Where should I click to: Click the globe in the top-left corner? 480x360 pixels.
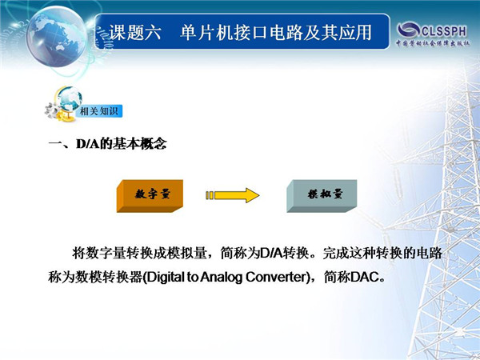[x=56, y=36]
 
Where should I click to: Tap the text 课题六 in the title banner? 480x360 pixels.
[x=135, y=32]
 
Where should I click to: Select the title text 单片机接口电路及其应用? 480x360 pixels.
[x=276, y=32]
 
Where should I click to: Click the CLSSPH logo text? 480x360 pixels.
[x=444, y=31]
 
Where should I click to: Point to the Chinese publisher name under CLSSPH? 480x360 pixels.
[x=433, y=43]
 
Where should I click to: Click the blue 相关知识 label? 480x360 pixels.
[x=99, y=111]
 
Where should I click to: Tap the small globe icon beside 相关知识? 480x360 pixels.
[x=70, y=98]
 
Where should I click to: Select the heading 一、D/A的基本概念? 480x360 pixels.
[x=107, y=143]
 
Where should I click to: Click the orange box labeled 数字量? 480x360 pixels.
[x=150, y=196]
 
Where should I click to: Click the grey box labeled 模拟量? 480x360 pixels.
[x=322, y=196]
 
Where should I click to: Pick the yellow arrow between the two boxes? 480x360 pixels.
[x=233, y=195]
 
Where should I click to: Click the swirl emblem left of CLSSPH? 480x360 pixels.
[x=409, y=30]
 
